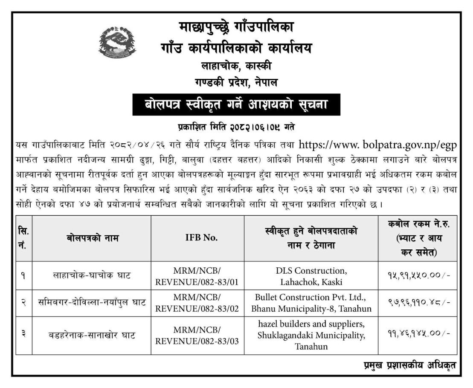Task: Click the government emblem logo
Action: tap(115, 44)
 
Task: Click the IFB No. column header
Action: tap(198, 238)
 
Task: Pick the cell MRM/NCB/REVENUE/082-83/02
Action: tap(198, 302)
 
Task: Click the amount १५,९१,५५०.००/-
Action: tap(416, 276)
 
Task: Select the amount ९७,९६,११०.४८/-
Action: tap(416, 303)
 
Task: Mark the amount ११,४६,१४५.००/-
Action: tap(416, 335)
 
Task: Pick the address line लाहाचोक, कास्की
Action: tap(236, 67)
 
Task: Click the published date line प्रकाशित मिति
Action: tap(236, 127)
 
